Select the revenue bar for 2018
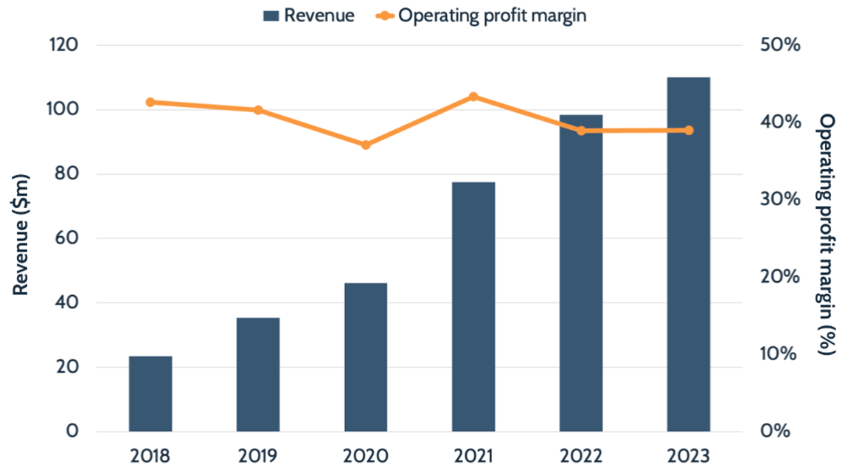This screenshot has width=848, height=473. coord(150,394)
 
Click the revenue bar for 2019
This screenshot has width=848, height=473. coord(258,375)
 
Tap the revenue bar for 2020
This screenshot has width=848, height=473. coord(366,357)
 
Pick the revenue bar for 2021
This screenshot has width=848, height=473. coord(473,306)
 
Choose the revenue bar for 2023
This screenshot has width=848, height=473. coord(689,254)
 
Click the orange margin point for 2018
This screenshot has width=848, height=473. coord(150,102)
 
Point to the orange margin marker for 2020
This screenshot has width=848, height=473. coord(366,145)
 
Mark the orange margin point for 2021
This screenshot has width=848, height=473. coord(473,97)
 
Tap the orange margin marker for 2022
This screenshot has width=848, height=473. coord(581,131)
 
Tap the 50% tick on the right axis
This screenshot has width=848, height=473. coord(780,46)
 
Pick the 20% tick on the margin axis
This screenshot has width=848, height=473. coord(780,277)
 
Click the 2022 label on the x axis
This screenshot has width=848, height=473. coord(581,455)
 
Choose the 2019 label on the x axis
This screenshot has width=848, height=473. coord(258,455)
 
